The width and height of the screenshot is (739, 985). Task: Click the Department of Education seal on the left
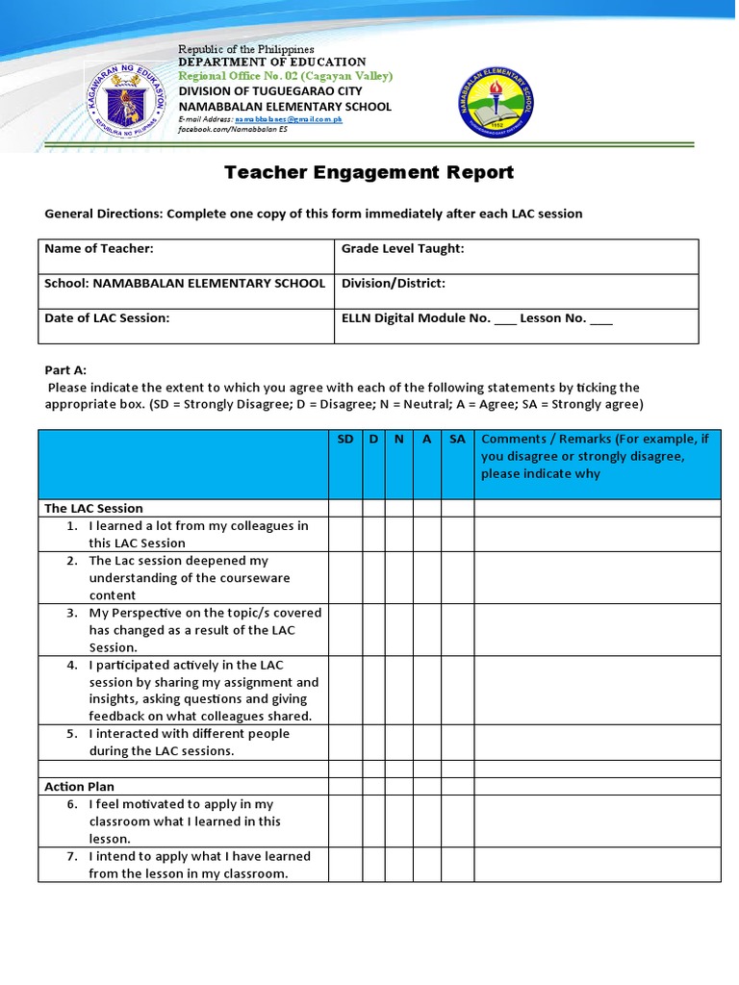click(x=128, y=98)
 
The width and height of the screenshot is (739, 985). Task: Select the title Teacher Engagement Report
click(x=369, y=173)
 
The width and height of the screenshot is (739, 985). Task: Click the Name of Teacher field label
click(x=99, y=249)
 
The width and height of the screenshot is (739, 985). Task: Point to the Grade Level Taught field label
click(x=403, y=249)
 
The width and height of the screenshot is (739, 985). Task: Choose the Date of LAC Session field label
click(x=107, y=318)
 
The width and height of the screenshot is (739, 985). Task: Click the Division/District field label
click(x=394, y=284)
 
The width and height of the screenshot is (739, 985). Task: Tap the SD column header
click(x=345, y=439)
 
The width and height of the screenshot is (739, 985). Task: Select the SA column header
click(x=457, y=439)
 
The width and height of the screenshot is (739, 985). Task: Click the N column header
click(x=397, y=439)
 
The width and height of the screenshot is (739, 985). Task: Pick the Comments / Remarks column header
click(x=596, y=456)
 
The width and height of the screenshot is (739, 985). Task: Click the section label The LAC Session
click(x=94, y=508)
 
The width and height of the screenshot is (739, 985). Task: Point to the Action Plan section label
click(x=79, y=786)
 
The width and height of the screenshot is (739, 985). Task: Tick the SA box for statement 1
click(x=457, y=534)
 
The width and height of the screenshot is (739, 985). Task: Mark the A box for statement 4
click(x=426, y=690)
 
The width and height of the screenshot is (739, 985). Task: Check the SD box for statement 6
click(x=345, y=821)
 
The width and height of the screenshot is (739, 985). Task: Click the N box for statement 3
click(x=397, y=629)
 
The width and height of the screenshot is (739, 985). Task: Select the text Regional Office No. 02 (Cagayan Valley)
click(x=286, y=76)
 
